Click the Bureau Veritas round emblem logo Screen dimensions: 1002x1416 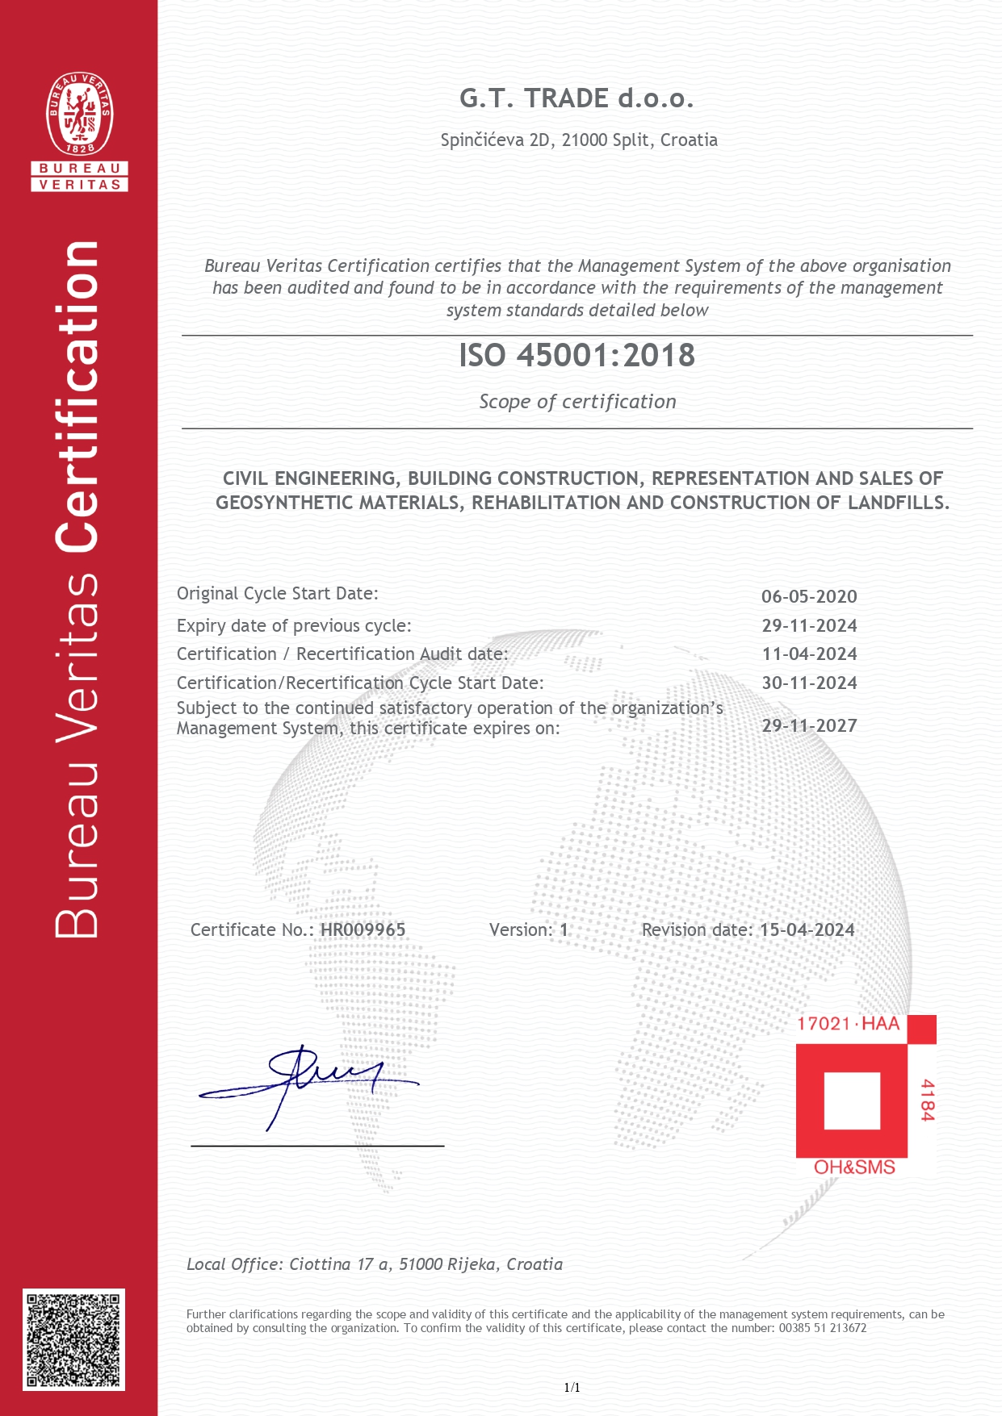click(x=79, y=114)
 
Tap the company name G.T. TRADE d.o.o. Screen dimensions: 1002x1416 click(x=576, y=98)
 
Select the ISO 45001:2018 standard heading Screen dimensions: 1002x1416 click(x=576, y=356)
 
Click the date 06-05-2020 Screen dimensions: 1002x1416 click(x=809, y=597)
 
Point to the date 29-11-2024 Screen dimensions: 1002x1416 click(x=809, y=626)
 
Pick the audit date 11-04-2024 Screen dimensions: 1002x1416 click(x=809, y=654)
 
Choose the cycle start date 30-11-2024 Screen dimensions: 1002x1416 click(x=809, y=683)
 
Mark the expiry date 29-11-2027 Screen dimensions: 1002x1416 click(x=809, y=725)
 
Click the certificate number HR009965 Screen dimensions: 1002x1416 click(x=363, y=930)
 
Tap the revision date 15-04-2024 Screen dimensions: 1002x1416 click(x=807, y=930)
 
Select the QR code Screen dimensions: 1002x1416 click(x=73, y=1339)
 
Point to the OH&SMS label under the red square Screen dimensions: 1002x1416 click(x=854, y=1167)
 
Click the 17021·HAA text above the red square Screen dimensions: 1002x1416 click(x=848, y=1024)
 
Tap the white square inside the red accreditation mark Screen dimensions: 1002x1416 click(x=852, y=1101)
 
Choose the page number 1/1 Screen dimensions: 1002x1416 click(x=572, y=1388)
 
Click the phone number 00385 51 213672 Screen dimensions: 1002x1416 click(x=822, y=1328)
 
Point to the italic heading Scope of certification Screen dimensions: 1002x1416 click(x=577, y=402)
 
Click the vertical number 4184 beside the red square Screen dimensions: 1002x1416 click(x=927, y=1100)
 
